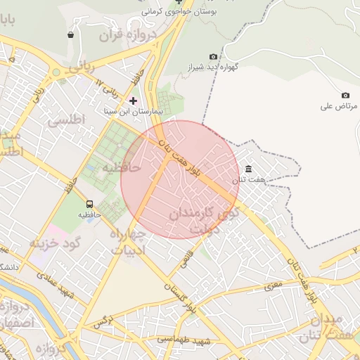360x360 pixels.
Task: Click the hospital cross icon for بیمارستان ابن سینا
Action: [133, 101]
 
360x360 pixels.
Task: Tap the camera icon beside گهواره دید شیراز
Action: [214, 56]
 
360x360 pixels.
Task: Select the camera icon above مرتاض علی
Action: [345, 95]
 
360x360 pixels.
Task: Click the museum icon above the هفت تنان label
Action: [249, 169]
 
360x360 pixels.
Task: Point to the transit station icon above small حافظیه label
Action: [89, 200]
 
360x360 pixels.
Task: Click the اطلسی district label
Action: [66, 120]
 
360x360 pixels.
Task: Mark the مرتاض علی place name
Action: [339, 106]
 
